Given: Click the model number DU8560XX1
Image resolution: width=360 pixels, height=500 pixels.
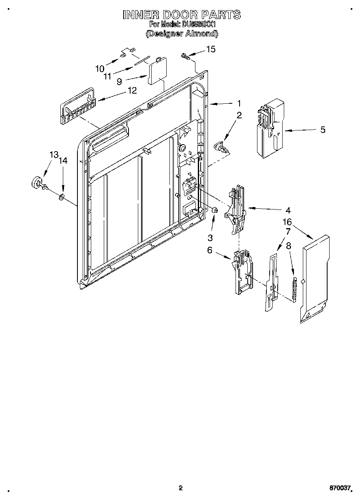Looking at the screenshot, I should coord(199,25).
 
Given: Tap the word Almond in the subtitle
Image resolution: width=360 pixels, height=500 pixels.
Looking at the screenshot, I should coord(201,34).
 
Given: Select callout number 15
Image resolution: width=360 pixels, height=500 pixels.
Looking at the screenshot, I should coord(211,49).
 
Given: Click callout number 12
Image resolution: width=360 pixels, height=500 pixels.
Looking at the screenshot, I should coord(132,90).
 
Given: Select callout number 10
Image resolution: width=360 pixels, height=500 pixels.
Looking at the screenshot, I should coord(100,68).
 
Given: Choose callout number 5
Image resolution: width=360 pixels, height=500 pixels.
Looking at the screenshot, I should coord(323,130).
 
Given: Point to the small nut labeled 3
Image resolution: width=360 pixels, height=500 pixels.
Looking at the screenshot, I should coord(215,210).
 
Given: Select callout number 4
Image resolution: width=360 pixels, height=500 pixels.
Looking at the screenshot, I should coord(288,210).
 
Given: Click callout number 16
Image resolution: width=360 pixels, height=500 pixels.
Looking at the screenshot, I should coord(287,222).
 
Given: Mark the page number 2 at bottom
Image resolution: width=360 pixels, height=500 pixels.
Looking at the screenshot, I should coord(181,488).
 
